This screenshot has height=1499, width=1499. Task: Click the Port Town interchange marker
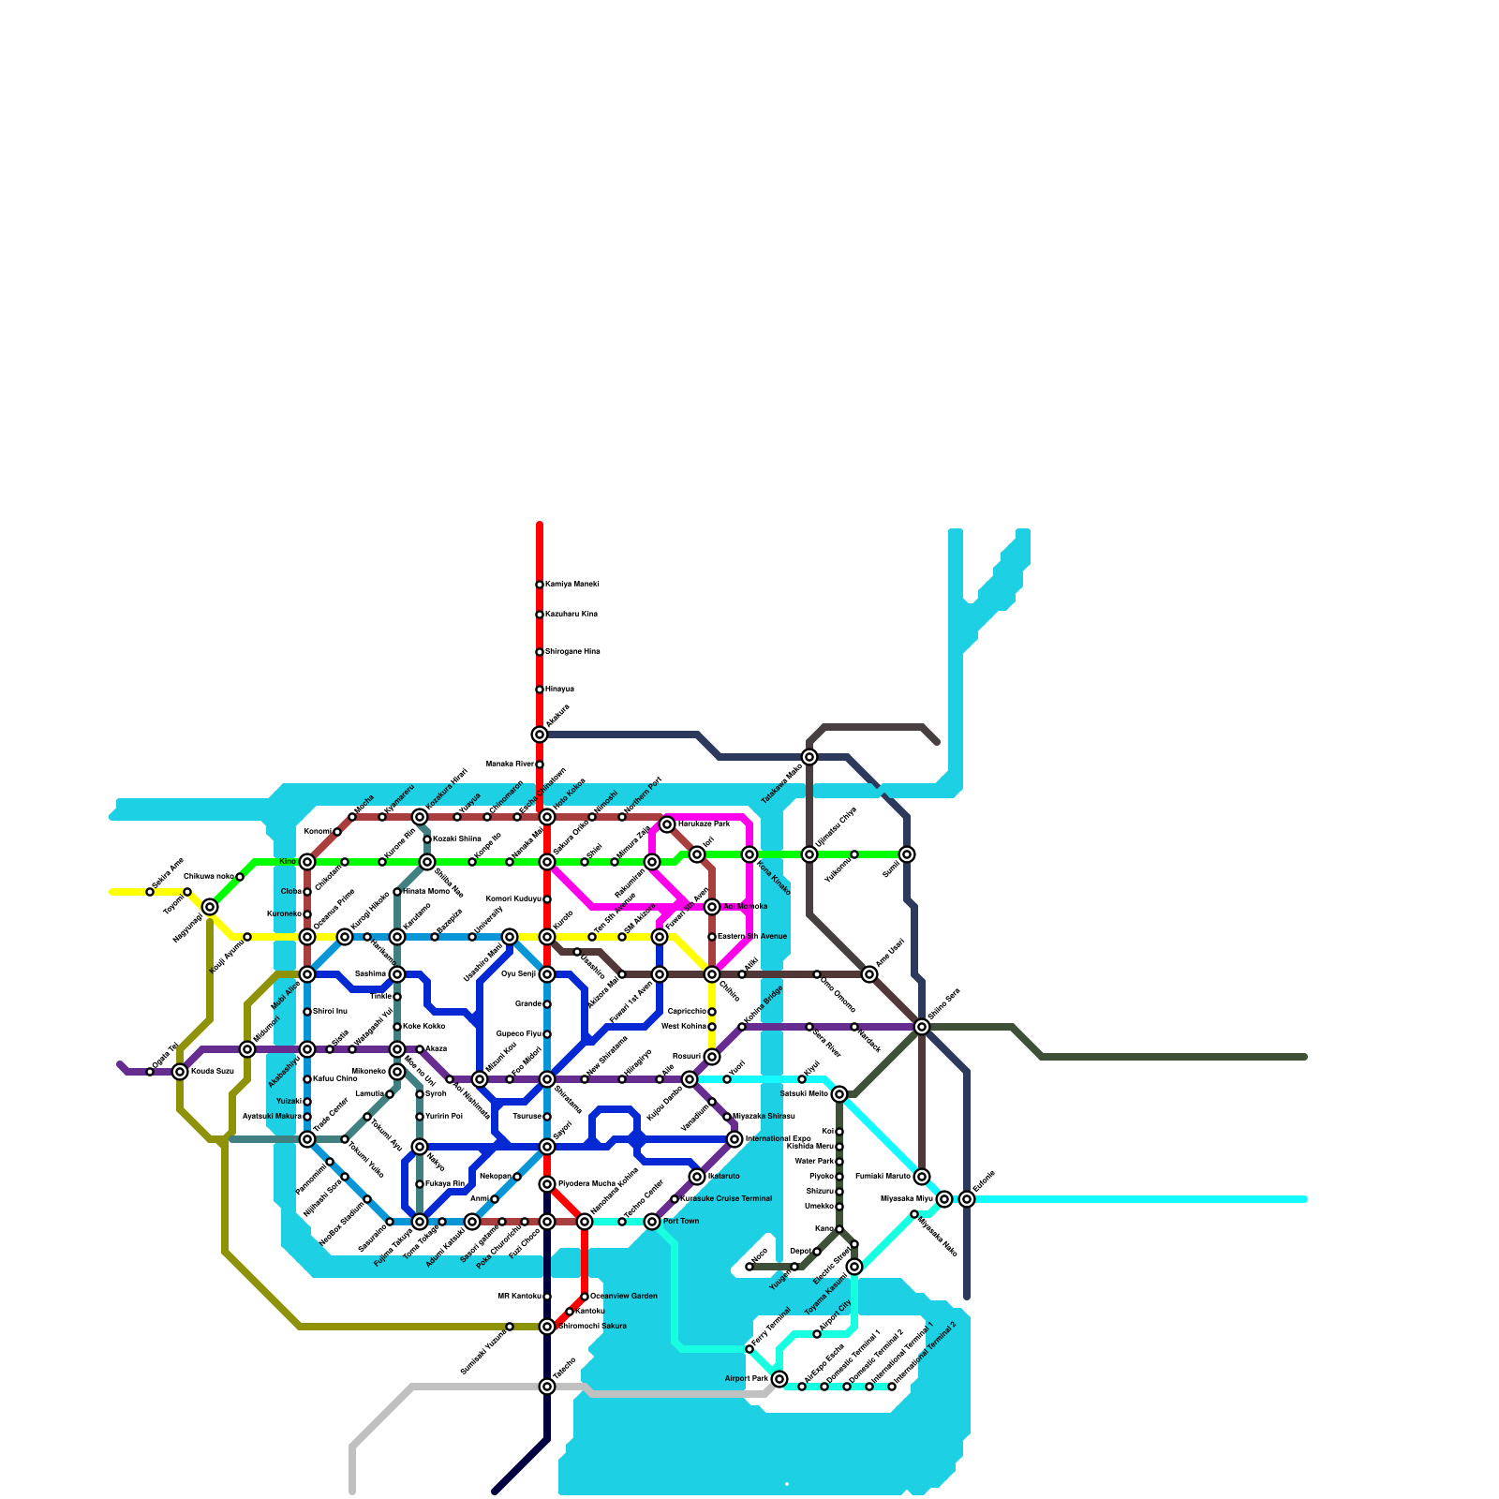652,1222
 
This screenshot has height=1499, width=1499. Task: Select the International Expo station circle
735,1139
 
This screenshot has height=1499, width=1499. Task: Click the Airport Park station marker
779,1379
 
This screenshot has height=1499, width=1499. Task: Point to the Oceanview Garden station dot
585,1297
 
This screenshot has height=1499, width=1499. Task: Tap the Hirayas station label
559,690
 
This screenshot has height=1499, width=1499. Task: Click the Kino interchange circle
307,862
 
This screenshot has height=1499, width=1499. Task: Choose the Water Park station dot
839,1162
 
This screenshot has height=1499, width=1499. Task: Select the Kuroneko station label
283,914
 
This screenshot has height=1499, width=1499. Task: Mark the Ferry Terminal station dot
749,1349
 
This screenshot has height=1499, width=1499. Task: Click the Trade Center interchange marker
307,1139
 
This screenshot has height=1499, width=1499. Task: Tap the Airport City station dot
817,1334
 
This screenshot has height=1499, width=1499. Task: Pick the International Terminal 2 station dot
892,1387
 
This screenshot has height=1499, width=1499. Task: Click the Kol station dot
839,1132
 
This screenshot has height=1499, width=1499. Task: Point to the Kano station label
824,1229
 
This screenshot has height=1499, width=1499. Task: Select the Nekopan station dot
517,1177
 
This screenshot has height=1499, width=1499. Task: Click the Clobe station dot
307,892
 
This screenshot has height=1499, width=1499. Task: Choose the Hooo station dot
749,1267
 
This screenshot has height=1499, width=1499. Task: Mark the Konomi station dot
337,832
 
